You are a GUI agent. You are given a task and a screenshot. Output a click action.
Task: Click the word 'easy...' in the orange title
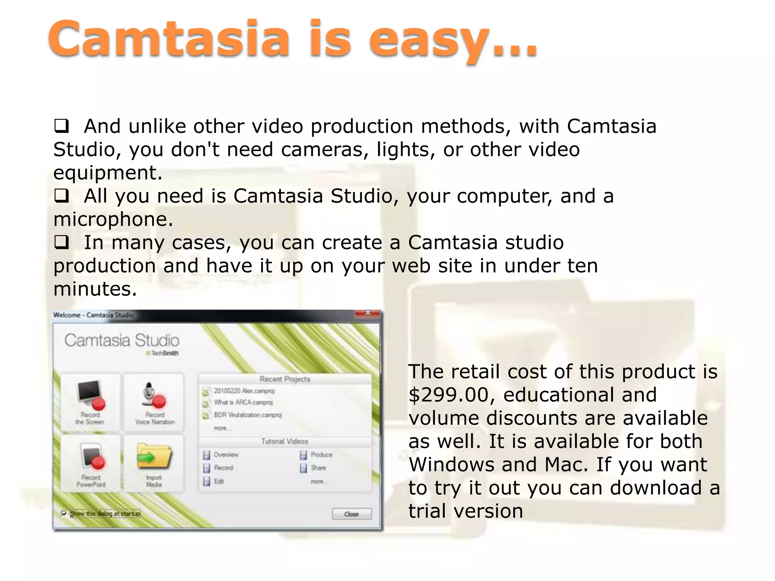(x=452, y=40)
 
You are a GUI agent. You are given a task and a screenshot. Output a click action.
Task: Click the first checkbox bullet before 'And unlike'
(x=61, y=126)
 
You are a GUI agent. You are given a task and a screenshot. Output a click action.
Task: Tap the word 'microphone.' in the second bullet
(x=113, y=219)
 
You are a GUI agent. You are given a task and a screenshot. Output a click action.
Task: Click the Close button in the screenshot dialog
(x=352, y=514)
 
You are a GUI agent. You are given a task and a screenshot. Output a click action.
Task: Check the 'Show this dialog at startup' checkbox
(x=64, y=513)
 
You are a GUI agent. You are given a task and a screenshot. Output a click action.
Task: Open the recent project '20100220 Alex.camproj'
(x=243, y=391)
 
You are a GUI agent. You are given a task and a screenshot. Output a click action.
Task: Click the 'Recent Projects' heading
(x=285, y=379)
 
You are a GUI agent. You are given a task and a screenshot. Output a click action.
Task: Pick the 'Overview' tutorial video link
(x=226, y=455)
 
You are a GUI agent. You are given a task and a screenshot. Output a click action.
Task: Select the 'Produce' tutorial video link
(x=321, y=455)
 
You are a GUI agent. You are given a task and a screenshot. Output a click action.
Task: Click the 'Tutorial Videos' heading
(x=285, y=441)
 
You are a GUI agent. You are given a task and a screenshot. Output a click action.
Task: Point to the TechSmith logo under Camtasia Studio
(x=163, y=353)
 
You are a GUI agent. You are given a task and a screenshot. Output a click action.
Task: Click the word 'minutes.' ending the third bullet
(x=95, y=289)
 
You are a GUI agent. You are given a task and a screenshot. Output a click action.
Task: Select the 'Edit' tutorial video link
(x=218, y=481)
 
